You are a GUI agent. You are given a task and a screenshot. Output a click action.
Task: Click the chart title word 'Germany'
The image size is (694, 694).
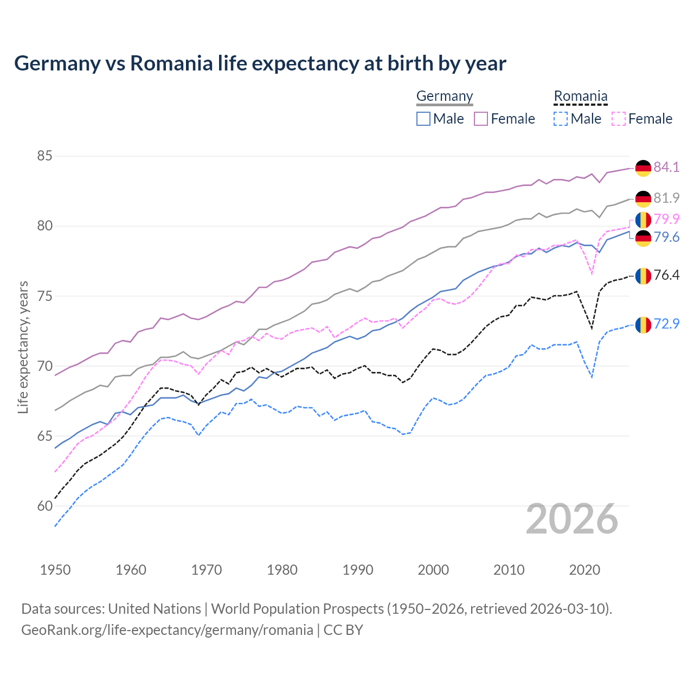(57, 63)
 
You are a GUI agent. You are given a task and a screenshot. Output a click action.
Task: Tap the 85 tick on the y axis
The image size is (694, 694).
(44, 156)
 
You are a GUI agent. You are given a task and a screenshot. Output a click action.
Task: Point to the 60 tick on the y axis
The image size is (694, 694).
(44, 506)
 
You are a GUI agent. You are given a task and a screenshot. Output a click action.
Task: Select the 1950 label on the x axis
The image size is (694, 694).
(55, 570)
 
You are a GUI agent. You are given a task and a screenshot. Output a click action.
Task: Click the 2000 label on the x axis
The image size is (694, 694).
(433, 570)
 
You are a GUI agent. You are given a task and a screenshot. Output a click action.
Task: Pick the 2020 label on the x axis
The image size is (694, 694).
(584, 570)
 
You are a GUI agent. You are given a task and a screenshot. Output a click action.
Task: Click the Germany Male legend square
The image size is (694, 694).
(423, 119)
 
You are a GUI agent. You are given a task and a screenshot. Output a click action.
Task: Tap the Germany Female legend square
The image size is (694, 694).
(481, 119)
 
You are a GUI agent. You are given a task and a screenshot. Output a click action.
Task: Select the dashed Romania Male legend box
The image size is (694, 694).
(561, 119)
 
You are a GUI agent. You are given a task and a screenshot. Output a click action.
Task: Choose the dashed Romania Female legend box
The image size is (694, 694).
(619, 119)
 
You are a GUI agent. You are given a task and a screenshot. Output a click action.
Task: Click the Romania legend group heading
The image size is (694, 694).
(580, 96)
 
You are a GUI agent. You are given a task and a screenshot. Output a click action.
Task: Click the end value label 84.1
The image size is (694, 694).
(666, 167)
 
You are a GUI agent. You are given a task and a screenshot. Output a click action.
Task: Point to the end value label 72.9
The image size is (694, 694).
(666, 324)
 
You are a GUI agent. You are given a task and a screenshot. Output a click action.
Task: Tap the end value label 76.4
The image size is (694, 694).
(666, 275)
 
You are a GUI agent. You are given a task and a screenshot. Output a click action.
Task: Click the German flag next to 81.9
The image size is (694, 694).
(643, 198)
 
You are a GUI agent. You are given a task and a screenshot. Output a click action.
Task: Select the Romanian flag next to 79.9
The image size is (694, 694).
(643, 220)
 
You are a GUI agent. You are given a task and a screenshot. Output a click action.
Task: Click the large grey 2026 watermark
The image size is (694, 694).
(572, 519)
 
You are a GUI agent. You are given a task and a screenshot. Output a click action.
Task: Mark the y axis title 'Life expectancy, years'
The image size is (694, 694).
(23, 347)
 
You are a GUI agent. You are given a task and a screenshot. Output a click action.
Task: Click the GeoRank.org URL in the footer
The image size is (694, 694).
(167, 630)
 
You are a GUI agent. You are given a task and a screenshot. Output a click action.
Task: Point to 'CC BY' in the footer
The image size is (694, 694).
(343, 630)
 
